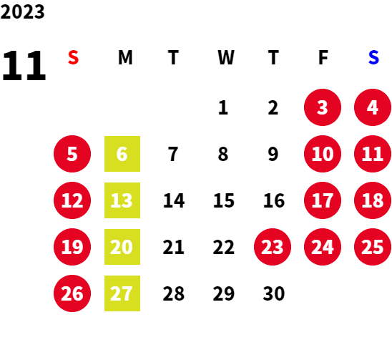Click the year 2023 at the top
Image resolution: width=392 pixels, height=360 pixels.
(22, 11)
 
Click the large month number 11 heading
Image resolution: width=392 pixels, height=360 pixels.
(24, 66)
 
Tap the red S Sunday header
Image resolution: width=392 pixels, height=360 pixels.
(73, 57)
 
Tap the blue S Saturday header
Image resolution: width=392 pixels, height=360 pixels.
(373, 57)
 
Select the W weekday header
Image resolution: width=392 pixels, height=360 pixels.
(226, 57)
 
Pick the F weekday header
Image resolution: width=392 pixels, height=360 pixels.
(323, 57)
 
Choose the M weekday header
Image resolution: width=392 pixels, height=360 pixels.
(125, 57)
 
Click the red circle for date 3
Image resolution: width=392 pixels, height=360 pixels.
(323, 107)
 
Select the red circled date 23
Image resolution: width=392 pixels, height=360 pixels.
(273, 247)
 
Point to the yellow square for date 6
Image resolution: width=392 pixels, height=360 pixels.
(122, 154)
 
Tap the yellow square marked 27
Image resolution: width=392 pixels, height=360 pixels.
(122, 293)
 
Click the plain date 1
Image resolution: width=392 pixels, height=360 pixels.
(223, 107)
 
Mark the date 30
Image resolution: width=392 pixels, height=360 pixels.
(274, 293)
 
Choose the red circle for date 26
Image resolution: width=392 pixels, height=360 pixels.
(72, 293)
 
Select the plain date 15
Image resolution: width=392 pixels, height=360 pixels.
(224, 200)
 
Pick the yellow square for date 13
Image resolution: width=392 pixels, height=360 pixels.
(122, 200)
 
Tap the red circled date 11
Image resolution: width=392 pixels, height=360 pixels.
(373, 154)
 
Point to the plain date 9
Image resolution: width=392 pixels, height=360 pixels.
(273, 154)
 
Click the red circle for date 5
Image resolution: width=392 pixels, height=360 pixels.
(72, 154)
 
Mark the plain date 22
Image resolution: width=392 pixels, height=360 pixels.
(224, 247)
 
